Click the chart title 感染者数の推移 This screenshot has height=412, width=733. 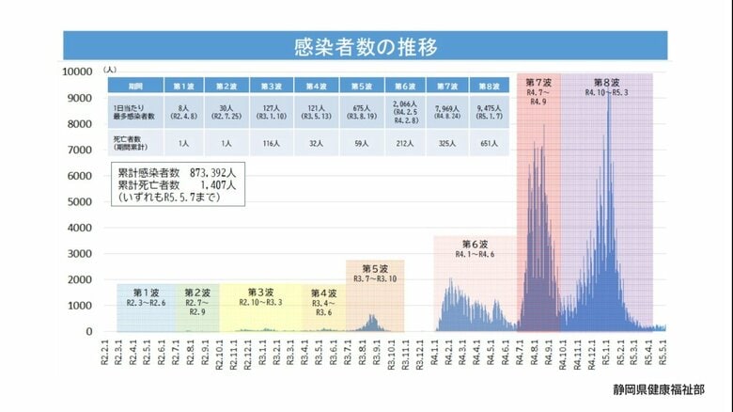(x=366, y=44)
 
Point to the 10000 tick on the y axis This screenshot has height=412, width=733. (x=76, y=71)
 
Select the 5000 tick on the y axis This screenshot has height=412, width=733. (x=78, y=201)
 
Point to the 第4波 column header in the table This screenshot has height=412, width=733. (x=320, y=85)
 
